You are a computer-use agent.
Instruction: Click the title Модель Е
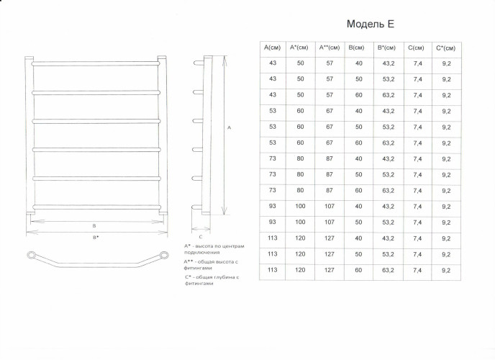[371, 24]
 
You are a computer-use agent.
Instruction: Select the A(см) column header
[272, 48]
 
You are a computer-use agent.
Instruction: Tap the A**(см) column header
[330, 48]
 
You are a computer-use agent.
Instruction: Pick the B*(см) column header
[386, 48]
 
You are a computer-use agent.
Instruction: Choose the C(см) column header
[416, 48]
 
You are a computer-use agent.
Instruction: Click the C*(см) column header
[446, 48]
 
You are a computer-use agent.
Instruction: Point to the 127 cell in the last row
[330, 270]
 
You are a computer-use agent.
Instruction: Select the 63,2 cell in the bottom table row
[389, 270]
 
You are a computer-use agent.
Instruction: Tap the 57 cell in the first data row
[330, 63]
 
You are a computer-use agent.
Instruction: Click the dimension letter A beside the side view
[230, 127]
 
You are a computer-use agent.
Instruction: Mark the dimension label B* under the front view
[96, 237]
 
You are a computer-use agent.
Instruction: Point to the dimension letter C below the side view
[201, 237]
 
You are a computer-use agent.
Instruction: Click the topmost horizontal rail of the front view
[96, 64]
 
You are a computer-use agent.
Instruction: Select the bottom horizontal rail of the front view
[96, 207]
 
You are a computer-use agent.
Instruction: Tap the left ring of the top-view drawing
[32, 255]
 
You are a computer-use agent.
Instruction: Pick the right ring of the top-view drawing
[164, 255]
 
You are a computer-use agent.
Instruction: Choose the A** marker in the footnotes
[189, 261]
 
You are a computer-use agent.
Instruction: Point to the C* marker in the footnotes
[188, 277]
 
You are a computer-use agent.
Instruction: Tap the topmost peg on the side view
[199, 63]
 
